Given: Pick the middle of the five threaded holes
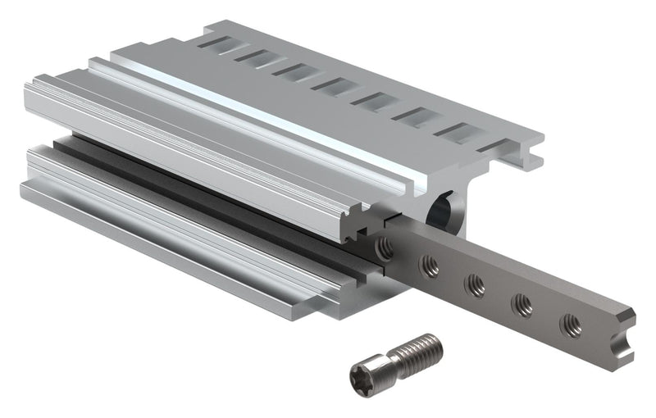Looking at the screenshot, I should click(475, 284).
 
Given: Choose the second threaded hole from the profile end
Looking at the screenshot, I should click(428, 264).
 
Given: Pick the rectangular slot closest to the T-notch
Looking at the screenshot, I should click(456, 132).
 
